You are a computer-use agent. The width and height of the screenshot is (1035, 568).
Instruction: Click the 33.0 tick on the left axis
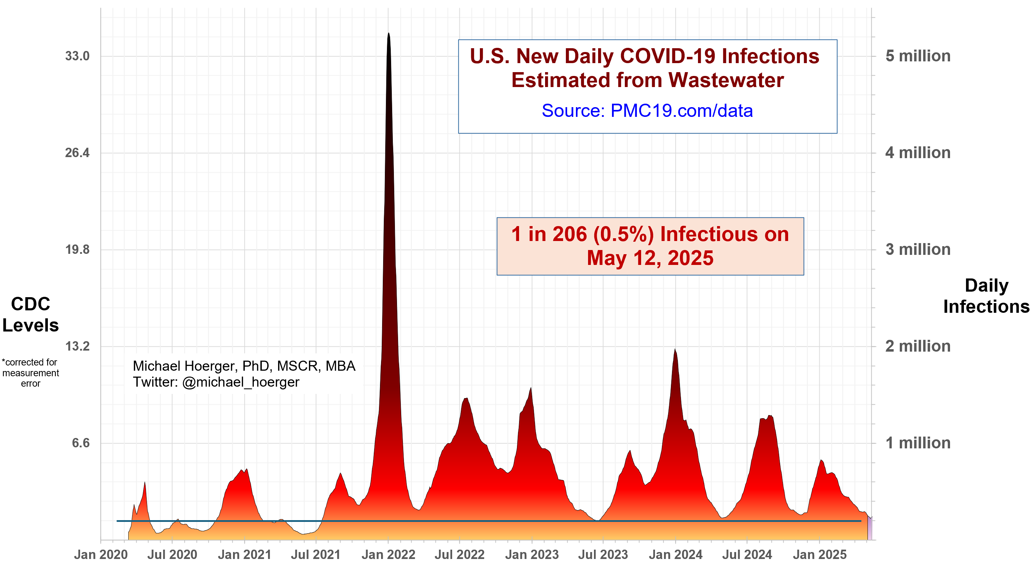(x=77, y=56)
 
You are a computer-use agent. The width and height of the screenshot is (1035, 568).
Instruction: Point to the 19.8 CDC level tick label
(x=77, y=249)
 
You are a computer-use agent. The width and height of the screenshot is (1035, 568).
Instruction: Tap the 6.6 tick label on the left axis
(x=80, y=443)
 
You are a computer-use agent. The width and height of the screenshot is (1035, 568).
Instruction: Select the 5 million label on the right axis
(x=918, y=56)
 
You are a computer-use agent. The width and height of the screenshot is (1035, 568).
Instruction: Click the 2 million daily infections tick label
(x=918, y=346)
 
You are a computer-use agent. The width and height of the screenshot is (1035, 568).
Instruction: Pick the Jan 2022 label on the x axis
(x=388, y=555)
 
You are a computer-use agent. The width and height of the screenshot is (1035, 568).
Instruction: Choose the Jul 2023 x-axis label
(x=603, y=555)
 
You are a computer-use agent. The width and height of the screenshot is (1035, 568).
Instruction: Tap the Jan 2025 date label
(x=819, y=555)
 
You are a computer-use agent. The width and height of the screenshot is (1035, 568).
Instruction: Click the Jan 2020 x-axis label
(x=101, y=555)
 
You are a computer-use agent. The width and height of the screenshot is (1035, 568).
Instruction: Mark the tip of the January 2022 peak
(x=389, y=34)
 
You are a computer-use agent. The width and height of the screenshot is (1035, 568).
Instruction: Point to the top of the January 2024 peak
(x=675, y=350)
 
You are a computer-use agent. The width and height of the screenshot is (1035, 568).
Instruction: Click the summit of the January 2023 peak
(x=531, y=388)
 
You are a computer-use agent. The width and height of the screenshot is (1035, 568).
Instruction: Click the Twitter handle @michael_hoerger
(x=240, y=382)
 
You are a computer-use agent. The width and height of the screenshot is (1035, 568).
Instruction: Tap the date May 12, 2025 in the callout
(x=650, y=258)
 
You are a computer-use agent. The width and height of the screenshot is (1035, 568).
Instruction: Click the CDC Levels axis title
(x=31, y=315)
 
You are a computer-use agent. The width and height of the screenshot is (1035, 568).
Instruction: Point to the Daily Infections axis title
(x=986, y=296)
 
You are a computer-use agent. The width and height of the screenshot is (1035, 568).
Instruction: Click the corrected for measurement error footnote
(x=31, y=373)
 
